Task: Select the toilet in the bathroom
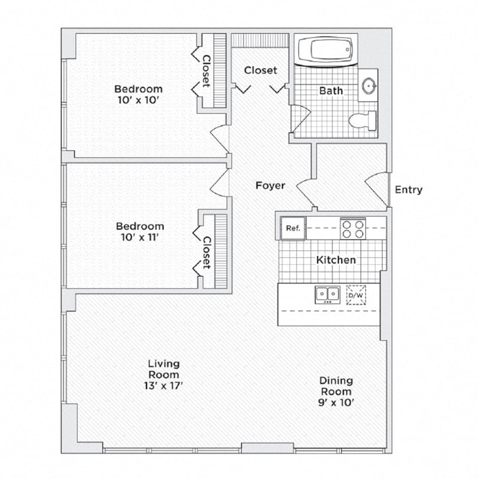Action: coord(364,120)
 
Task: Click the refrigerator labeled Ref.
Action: coord(293,228)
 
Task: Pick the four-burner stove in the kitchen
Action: coord(353,228)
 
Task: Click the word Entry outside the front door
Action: coord(409,190)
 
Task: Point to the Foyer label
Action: coord(270,185)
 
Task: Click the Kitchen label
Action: coord(336,260)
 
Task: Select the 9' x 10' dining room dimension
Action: coord(335,403)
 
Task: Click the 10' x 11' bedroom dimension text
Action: coord(140,238)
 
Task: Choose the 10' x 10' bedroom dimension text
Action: coord(139,100)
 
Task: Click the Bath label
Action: coord(331,91)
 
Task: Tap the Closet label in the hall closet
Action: coord(261,71)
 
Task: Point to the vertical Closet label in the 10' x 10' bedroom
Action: coord(206,71)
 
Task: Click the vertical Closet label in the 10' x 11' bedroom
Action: coord(206,253)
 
